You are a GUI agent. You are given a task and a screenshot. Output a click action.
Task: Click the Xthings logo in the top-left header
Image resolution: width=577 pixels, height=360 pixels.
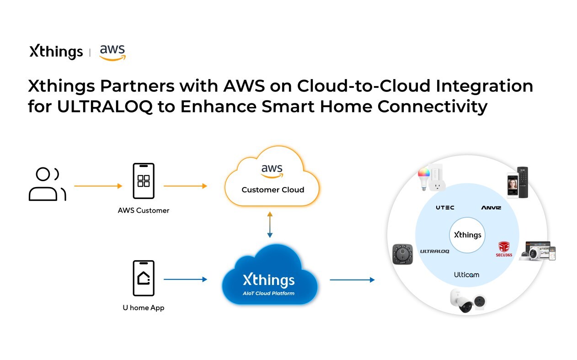(x=56, y=52)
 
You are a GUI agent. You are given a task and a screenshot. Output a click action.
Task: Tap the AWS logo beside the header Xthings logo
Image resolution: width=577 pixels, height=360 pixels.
(x=112, y=52)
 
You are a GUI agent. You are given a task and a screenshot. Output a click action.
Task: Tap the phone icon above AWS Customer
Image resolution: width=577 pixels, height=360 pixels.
(x=144, y=181)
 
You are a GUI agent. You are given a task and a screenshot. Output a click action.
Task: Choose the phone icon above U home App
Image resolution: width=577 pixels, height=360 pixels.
(x=144, y=278)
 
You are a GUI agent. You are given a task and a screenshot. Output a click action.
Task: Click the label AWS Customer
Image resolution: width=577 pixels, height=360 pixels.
(x=144, y=210)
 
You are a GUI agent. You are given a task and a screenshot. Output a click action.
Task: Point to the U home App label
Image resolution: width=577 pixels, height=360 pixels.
(x=144, y=308)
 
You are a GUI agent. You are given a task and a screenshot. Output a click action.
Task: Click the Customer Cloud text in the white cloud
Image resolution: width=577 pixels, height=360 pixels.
(x=272, y=190)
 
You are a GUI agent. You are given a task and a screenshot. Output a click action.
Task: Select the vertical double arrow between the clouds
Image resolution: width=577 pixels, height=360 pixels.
(x=270, y=225)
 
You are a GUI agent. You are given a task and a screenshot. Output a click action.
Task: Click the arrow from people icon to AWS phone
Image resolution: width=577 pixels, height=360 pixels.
(x=98, y=186)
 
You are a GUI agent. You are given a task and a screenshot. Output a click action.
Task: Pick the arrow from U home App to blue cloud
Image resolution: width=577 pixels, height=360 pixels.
(x=185, y=279)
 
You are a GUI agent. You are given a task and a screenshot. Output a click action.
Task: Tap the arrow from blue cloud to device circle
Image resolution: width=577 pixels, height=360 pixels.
(x=352, y=279)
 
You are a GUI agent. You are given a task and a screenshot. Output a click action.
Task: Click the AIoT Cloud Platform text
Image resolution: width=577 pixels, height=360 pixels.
(x=269, y=293)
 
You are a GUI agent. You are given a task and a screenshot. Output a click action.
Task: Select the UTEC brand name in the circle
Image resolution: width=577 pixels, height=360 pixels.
(x=445, y=207)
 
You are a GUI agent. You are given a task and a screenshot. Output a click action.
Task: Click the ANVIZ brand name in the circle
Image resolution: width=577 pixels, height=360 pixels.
(x=491, y=207)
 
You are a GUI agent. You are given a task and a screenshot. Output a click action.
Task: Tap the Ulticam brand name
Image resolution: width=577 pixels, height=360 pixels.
(x=466, y=274)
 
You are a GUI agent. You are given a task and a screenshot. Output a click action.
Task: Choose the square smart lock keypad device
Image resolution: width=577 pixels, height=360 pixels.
(x=402, y=254)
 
